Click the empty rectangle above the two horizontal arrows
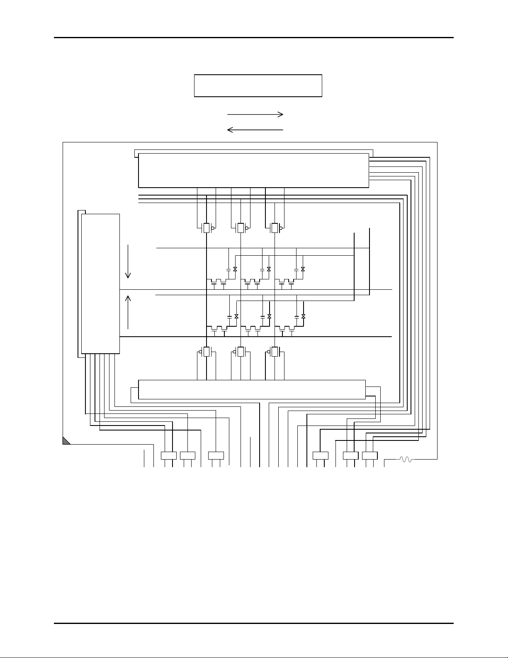tap(258, 86)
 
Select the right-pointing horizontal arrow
tap(255, 114)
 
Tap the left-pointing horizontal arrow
tap(255, 130)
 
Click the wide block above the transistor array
tap(253, 170)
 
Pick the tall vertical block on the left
tap(100, 284)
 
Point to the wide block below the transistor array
tap(252, 389)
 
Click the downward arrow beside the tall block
tap(129, 262)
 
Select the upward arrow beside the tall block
tap(129, 311)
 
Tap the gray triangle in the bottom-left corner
tap(66, 441)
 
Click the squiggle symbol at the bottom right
tap(405, 459)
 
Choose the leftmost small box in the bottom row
tap(168, 455)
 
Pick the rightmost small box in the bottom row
tap(369, 455)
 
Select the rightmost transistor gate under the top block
tap(275, 228)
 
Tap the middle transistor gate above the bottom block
tap(240, 352)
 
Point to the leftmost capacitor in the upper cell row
tap(228, 269)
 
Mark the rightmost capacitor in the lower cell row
tap(297, 316)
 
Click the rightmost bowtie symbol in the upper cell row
tap(303, 269)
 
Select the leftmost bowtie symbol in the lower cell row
tap(236, 316)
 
